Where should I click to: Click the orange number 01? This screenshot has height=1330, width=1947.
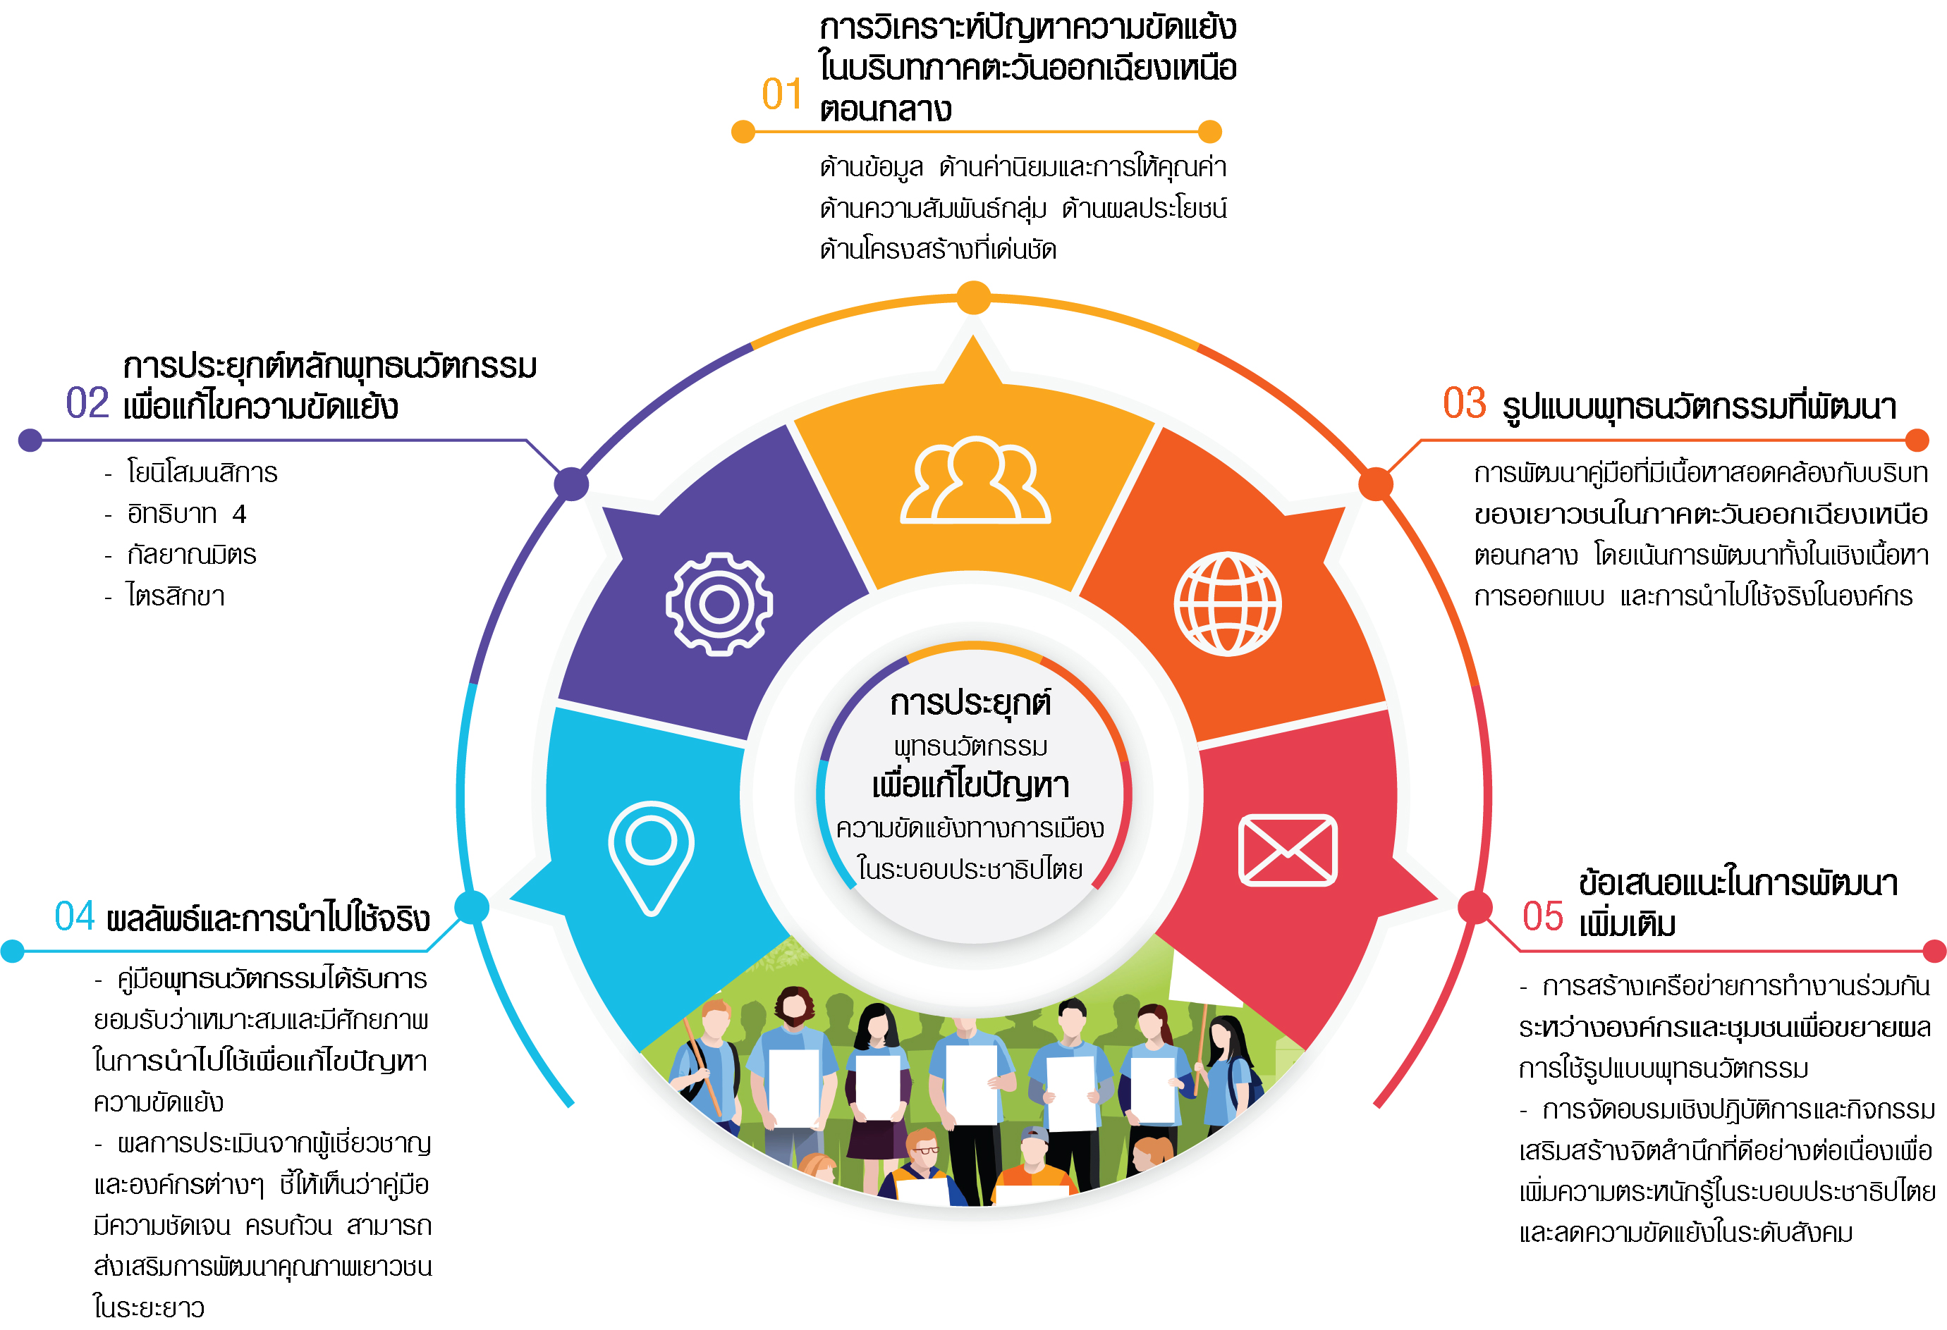pyautogui.click(x=781, y=94)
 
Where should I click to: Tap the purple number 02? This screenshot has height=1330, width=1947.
pyautogui.click(x=87, y=403)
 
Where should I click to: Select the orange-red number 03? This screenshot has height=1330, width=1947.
pyautogui.click(x=1464, y=403)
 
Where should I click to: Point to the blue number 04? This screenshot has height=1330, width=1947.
pyautogui.click(x=75, y=916)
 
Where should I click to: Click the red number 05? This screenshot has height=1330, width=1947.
pyautogui.click(x=1542, y=916)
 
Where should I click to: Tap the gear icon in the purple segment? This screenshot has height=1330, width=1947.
pyautogui.click(x=719, y=603)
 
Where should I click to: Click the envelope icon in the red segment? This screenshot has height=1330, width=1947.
pyautogui.click(x=1288, y=849)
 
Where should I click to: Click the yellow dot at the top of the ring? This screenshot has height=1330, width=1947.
pyautogui.click(x=973, y=298)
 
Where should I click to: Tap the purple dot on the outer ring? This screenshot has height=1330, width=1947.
pyautogui.click(x=571, y=484)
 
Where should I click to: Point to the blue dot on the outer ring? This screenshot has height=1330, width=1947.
pyautogui.click(x=472, y=907)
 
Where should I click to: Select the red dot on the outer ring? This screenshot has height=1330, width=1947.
pyautogui.click(x=1475, y=907)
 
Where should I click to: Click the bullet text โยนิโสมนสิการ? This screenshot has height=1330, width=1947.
pyautogui.click(x=202, y=472)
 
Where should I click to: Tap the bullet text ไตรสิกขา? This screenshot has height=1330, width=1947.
pyautogui.click(x=176, y=596)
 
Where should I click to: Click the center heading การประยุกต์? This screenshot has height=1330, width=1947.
pyautogui.click(x=970, y=703)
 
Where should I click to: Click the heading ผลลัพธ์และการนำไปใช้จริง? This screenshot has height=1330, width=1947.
pyautogui.click(x=268, y=919)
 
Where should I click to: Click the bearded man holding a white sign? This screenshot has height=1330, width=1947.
pyautogui.click(x=792, y=1064)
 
